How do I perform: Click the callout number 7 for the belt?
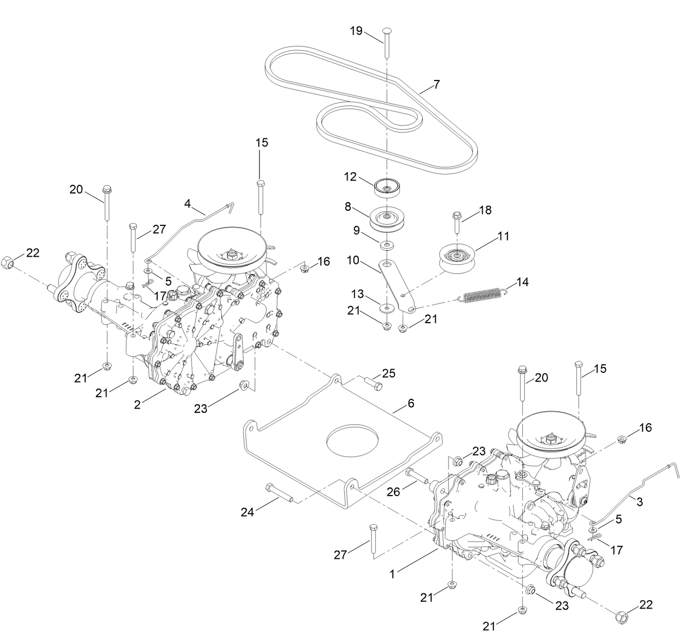tap(436, 85)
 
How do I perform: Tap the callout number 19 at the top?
tap(356, 31)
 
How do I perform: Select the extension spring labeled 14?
tap(482, 295)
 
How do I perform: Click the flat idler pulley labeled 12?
tap(387, 188)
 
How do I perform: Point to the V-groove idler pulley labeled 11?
tap(457, 258)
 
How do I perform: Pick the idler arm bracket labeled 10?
tap(397, 284)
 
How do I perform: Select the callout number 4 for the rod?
tap(188, 204)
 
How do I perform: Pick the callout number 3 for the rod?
tap(639, 502)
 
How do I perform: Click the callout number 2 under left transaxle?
tap(138, 404)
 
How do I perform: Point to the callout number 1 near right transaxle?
tap(393, 574)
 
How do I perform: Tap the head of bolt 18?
tap(457, 215)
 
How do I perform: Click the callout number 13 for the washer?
tap(357, 293)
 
